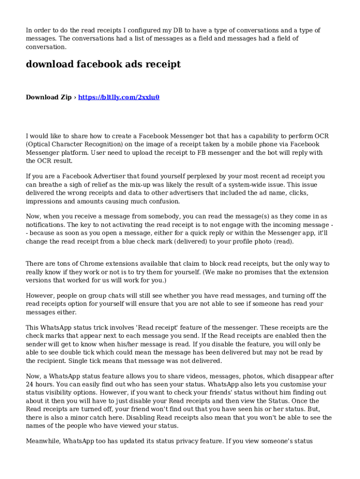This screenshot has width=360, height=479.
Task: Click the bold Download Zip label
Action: [49, 97]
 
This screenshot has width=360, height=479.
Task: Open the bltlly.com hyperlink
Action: [119, 97]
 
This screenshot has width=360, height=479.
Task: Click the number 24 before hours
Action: [30, 385]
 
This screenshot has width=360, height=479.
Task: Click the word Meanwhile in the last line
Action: [43, 441]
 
